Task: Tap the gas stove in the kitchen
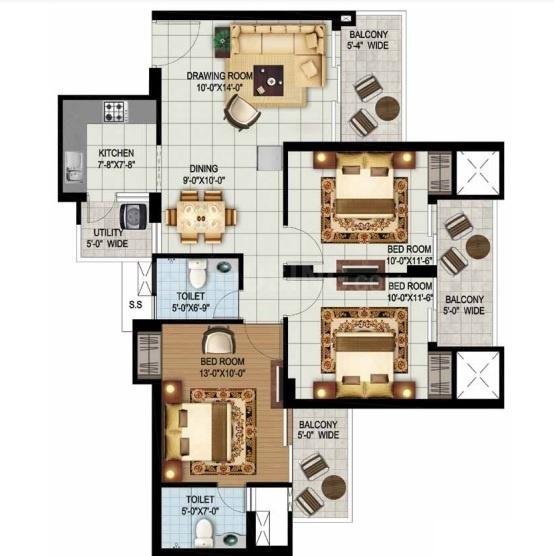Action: (115, 111)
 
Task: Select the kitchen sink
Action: (74, 167)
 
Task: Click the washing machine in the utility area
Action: (134, 216)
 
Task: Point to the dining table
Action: (201, 217)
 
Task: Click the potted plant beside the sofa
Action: (222, 41)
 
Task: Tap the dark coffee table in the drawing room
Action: (268, 80)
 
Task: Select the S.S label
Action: (135, 304)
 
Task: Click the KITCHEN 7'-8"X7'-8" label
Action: (116, 159)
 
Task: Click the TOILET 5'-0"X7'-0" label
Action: (200, 505)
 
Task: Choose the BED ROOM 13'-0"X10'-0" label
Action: (222, 367)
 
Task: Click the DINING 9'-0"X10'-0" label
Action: (204, 174)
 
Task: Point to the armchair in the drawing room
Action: (242, 113)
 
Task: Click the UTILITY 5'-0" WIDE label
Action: (107, 238)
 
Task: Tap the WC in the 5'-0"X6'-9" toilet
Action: (197, 273)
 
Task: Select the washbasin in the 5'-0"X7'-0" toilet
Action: (231, 540)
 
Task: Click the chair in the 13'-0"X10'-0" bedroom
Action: (218, 340)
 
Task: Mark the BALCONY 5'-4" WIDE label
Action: (368, 40)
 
